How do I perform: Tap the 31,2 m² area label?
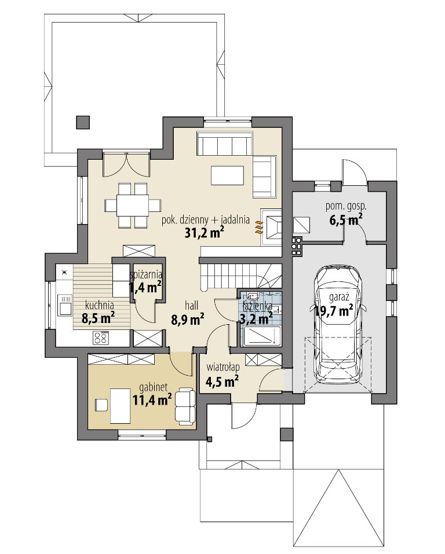click(x=205, y=232)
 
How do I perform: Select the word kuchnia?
click(x=99, y=304)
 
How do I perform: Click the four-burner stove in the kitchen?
click(x=100, y=337)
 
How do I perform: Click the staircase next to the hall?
click(x=240, y=276)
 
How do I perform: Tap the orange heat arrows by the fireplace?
click(x=259, y=228)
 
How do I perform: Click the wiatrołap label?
click(x=223, y=368)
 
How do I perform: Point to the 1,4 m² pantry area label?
click(x=145, y=288)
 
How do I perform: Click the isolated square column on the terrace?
click(x=83, y=122)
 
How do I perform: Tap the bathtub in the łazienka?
click(x=262, y=336)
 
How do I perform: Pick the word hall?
click(x=191, y=305)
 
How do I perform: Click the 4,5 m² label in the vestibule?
click(x=222, y=381)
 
